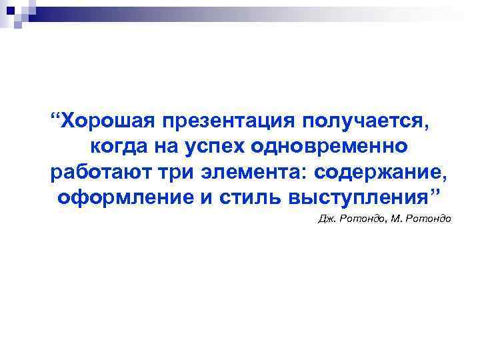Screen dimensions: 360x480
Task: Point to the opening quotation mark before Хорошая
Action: tap(57, 117)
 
